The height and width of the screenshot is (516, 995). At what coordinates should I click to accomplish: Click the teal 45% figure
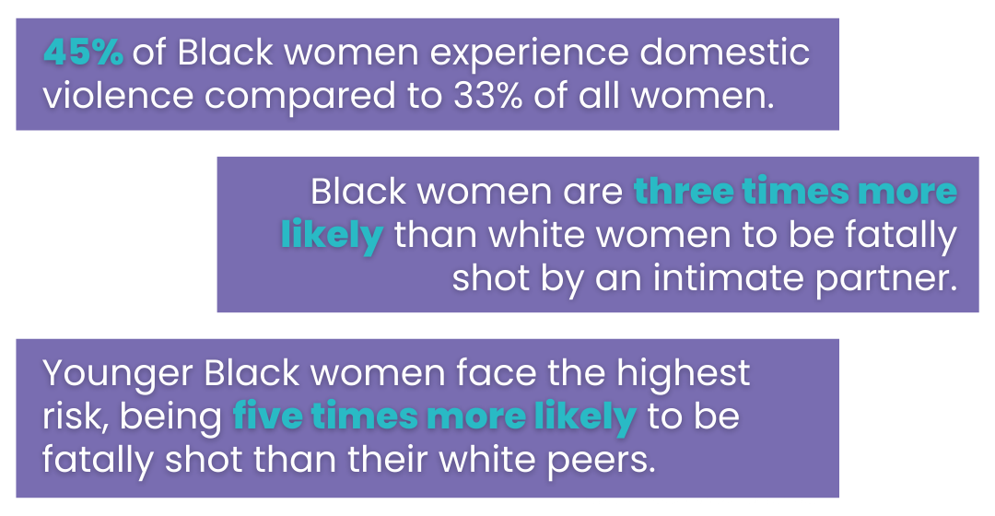point(83,53)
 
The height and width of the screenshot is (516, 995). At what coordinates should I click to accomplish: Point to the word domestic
point(725,53)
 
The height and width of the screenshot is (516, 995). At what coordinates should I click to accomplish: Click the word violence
point(118,96)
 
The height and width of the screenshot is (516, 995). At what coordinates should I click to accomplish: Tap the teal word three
point(683,191)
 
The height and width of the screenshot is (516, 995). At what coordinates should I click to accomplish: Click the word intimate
point(729,278)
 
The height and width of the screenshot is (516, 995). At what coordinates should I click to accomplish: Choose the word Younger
point(118,374)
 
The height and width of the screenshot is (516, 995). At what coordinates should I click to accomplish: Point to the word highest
point(684,374)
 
